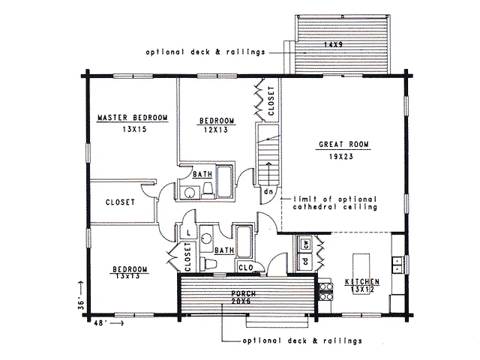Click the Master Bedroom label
coord(133,118)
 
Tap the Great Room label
coord(343,144)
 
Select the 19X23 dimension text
coord(341,157)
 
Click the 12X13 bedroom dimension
coord(216,130)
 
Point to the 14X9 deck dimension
coord(333,44)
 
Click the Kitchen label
coord(362,282)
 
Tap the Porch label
coord(244,293)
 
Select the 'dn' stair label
coord(268,192)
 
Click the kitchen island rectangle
coord(361,273)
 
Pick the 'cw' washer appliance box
coord(305,244)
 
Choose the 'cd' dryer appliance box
coord(305,261)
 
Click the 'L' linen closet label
coord(188,233)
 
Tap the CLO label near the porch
coord(246,268)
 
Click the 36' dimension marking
coord(81,304)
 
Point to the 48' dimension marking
coord(100,323)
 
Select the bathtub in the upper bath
coord(224,181)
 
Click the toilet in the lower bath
coord(208,263)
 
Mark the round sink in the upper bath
coord(190,193)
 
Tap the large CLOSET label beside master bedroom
coord(120,202)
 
